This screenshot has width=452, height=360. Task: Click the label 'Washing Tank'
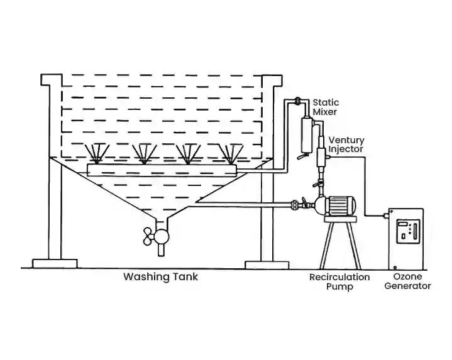pos(160,276)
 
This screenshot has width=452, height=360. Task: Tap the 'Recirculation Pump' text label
pos(339,282)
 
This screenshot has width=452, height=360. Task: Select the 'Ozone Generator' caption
pos(412,281)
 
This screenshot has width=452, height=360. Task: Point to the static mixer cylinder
pos(307,133)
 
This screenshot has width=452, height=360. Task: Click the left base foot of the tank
pos(55,263)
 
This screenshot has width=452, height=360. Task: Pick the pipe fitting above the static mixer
pos(298,101)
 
